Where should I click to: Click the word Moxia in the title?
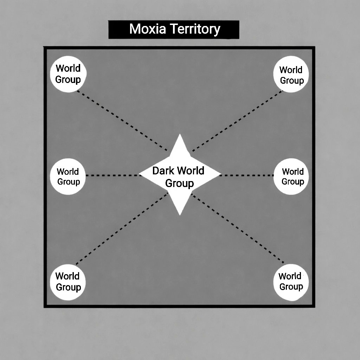tap(147, 29)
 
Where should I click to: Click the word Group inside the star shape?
tap(179, 184)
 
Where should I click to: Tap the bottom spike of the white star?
tap(180, 209)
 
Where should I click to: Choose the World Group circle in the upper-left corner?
tap(68, 74)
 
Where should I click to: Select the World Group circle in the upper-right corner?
tap(291, 74)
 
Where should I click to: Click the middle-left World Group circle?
tap(68, 176)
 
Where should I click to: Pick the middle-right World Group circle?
tap(291, 176)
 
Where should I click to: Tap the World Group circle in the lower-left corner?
tap(68, 282)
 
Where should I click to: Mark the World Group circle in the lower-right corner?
tap(291, 282)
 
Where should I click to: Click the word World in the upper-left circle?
tap(68, 68)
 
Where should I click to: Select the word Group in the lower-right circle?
tap(291, 287)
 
